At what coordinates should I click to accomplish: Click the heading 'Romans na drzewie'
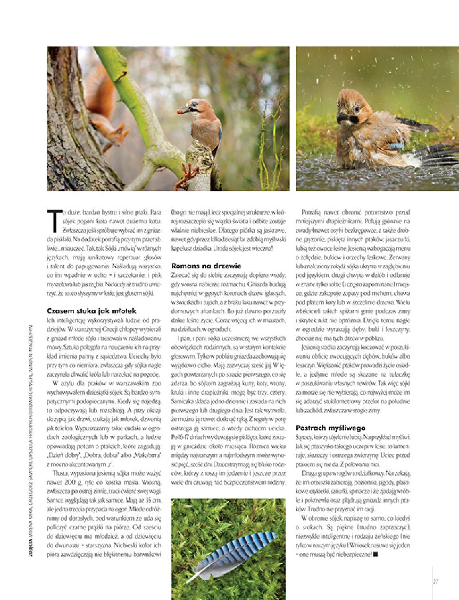pos(206,266)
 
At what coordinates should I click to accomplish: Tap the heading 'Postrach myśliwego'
pos(331,428)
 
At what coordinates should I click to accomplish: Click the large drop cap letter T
pos(54,220)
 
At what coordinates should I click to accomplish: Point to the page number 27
pos(435,582)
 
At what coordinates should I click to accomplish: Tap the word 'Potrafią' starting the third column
pos(311,213)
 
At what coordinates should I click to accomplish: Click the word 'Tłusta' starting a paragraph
pos(59,474)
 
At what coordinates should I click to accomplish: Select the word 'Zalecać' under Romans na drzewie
pos(180,276)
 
